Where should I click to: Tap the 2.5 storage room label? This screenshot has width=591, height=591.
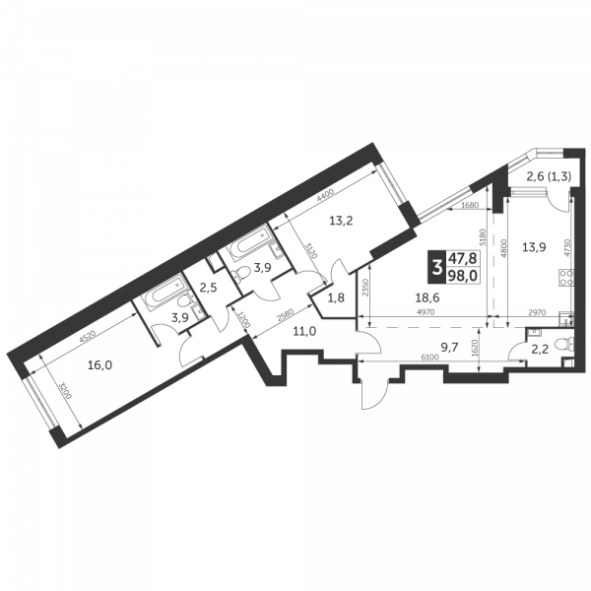click(208, 288)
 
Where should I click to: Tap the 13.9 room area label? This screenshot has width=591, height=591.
click(535, 248)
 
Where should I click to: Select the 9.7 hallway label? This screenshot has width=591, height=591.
click(450, 347)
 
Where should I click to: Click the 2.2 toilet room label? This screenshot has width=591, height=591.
click(541, 347)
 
